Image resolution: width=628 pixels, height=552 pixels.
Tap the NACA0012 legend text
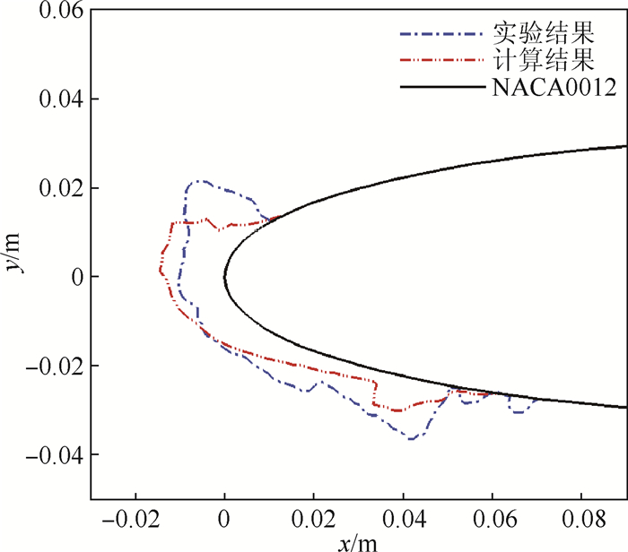coord(553,87)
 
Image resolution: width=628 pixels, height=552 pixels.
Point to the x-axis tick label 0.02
coord(314,520)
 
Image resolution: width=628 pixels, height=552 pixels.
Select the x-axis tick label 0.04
coord(403,520)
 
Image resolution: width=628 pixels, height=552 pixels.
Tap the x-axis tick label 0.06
coord(492,520)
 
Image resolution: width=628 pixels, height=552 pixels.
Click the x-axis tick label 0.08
coord(580,520)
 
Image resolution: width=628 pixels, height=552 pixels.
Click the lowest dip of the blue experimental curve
coord(411,438)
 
